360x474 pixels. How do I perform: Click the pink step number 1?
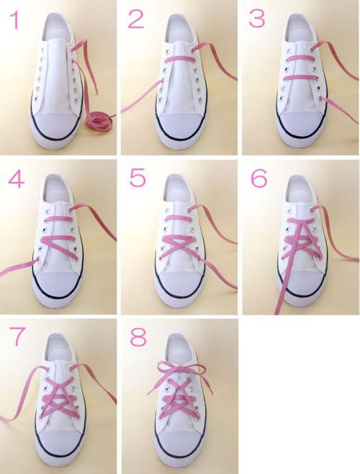pyautogui.click(x=14, y=20)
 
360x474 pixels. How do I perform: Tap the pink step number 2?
pyautogui.click(x=136, y=19)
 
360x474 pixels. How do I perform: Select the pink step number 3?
pyautogui.click(x=257, y=18)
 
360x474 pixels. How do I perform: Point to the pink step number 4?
pyautogui.click(x=16, y=180)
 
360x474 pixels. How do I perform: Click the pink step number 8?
pyautogui.click(x=138, y=337)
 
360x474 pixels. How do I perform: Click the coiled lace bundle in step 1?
pyautogui.click(x=99, y=119)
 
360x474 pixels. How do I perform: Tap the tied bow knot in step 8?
pyautogui.click(x=180, y=370)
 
